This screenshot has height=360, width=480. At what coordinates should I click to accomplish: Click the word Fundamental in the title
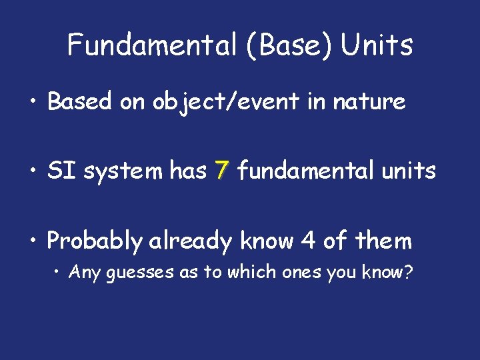[149, 45]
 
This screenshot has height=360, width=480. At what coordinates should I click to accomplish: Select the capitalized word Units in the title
[377, 45]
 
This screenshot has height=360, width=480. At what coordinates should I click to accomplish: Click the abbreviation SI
[59, 171]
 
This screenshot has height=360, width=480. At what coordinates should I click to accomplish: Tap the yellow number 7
[222, 171]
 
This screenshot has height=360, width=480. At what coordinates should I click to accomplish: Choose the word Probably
[94, 241]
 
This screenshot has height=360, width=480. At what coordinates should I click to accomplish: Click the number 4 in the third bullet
[308, 241]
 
